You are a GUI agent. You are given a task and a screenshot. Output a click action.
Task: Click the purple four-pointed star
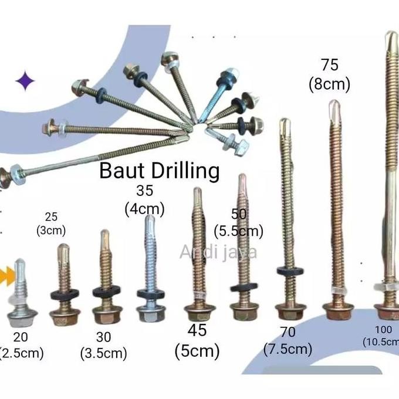coord(25,82)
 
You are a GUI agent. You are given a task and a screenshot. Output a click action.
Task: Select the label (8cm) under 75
coord(329,84)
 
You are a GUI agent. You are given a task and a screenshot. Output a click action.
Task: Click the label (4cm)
coord(144,208)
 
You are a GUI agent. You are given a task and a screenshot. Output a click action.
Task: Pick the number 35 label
coord(144,191)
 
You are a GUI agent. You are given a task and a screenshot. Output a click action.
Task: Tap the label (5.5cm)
coord(239,231)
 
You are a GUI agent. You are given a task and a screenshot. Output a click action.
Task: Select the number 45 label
coord(197,330)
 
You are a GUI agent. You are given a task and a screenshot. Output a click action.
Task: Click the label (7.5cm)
coord(288,349)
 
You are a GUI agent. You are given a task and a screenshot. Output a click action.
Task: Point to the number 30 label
coord(104,338)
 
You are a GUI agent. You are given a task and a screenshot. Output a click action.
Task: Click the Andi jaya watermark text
coord(218,252)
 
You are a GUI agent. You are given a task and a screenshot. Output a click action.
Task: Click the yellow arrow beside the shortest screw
coord(6,272)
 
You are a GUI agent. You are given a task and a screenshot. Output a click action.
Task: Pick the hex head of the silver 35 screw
coord(150,310)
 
